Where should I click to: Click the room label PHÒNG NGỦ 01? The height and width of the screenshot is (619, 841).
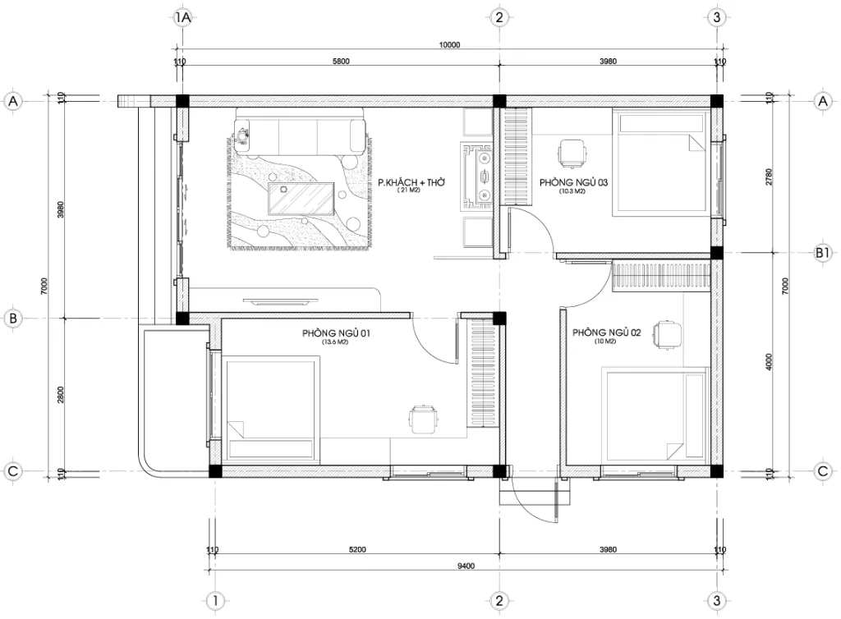[x=336, y=332]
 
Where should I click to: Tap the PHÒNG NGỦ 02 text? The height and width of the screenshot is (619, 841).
[x=606, y=332]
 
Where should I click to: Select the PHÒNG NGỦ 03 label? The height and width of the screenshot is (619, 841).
[x=572, y=182]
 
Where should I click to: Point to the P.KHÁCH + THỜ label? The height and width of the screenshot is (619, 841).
[x=411, y=181]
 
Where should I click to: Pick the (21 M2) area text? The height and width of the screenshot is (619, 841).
[x=408, y=190]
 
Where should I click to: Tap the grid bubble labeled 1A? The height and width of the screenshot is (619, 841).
[x=182, y=17]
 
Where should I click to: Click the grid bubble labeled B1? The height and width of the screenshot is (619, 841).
[x=823, y=254]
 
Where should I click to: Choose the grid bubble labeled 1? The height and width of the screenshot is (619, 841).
[x=214, y=600]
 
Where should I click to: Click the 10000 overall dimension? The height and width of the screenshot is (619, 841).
[x=449, y=45]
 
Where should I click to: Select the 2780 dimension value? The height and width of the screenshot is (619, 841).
[x=769, y=177]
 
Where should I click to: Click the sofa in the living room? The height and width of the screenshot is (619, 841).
[x=299, y=135]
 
